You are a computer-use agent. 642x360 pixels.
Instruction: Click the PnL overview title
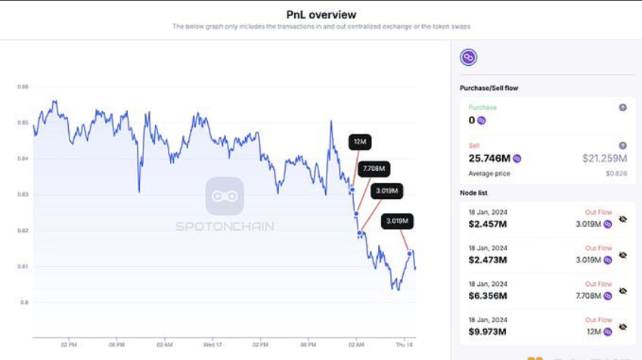point(321,14)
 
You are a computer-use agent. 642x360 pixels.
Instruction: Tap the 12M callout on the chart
point(361,142)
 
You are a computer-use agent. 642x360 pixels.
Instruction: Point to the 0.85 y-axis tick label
point(23,123)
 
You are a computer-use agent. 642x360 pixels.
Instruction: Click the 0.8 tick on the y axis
point(24,303)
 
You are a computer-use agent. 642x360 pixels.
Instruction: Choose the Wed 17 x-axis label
point(212,344)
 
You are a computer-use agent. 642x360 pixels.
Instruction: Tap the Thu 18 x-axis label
point(406,344)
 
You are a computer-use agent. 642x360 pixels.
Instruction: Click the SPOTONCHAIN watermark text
point(224,226)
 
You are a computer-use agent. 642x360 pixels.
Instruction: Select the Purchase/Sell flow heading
point(489,88)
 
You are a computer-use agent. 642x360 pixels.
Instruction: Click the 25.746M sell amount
point(490,159)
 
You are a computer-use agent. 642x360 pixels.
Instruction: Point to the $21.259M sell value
point(605,159)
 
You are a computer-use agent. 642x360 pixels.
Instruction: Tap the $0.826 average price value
point(616,174)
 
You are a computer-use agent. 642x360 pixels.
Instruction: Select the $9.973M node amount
point(488,332)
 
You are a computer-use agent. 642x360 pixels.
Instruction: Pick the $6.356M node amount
point(488,296)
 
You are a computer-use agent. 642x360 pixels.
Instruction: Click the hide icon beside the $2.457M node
point(623,219)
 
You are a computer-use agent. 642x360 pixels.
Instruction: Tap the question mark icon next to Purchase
point(623,108)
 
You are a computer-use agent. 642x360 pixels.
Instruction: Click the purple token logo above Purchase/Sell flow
point(469,57)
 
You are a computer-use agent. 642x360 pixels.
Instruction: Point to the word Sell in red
point(474,145)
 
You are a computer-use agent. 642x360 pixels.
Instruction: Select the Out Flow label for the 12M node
point(598,320)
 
